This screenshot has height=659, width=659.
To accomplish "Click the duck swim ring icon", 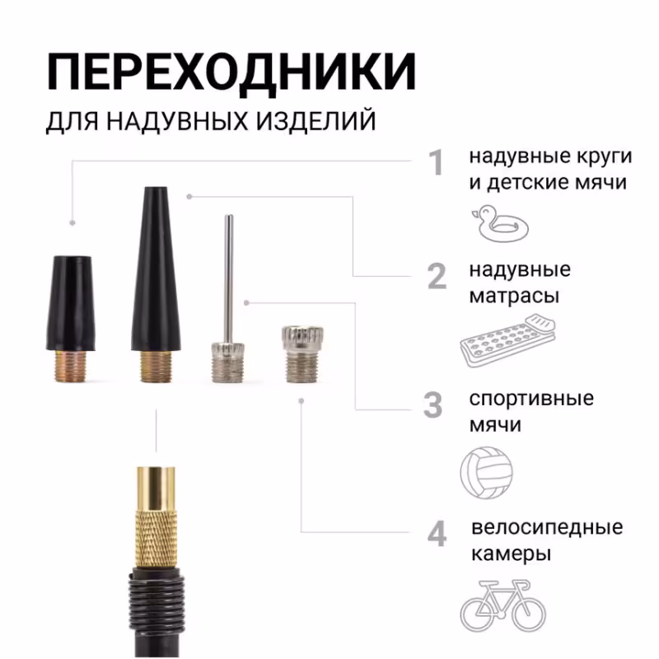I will point(498,223).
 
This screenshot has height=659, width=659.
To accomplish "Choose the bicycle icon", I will point(502,603).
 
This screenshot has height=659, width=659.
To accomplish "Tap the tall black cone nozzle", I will point(157,272).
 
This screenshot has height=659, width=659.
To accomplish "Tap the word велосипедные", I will point(547,527).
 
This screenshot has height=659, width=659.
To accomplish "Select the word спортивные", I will point(531,399).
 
